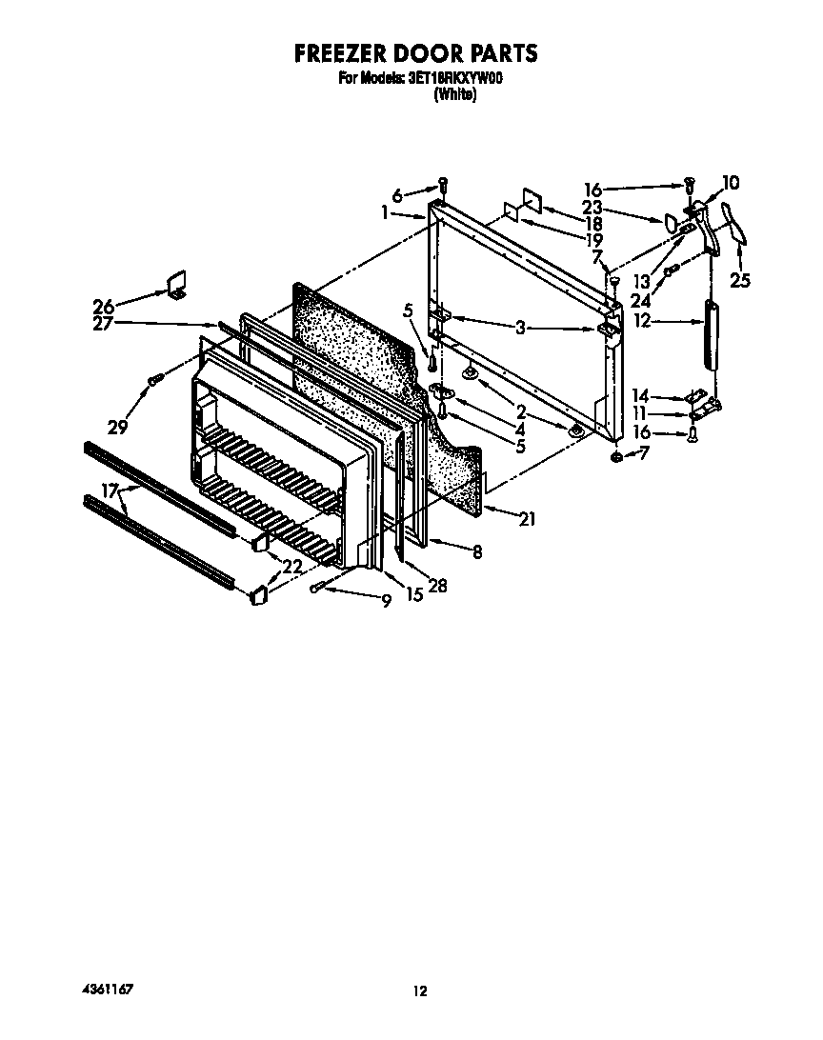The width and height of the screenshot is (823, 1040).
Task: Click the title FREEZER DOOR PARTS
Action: tap(416, 53)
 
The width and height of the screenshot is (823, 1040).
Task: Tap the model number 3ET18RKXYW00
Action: tap(455, 78)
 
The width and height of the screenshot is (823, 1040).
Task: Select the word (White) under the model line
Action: tap(455, 94)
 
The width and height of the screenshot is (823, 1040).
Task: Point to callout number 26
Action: tap(104, 306)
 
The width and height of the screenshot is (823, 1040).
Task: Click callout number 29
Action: tap(117, 427)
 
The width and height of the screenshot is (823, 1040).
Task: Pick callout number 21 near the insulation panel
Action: tap(527, 518)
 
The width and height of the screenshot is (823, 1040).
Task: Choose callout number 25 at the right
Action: tap(740, 281)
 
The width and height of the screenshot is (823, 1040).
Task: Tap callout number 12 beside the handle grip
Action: tap(642, 321)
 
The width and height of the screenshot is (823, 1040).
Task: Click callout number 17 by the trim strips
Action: tap(110, 490)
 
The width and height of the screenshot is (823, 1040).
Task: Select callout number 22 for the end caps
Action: tap(292, 566)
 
